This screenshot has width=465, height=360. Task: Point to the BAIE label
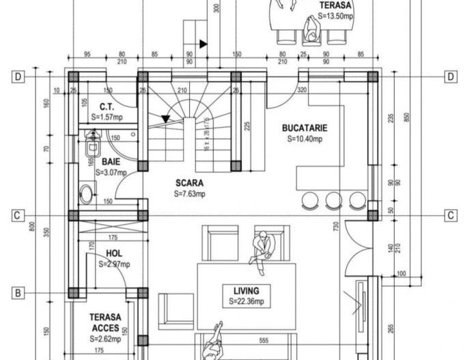point(113,162)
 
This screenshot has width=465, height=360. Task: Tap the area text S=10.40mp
point(305,139)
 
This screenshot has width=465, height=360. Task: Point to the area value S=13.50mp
point(336,14)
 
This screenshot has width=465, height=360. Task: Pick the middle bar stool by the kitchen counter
point(333,199)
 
